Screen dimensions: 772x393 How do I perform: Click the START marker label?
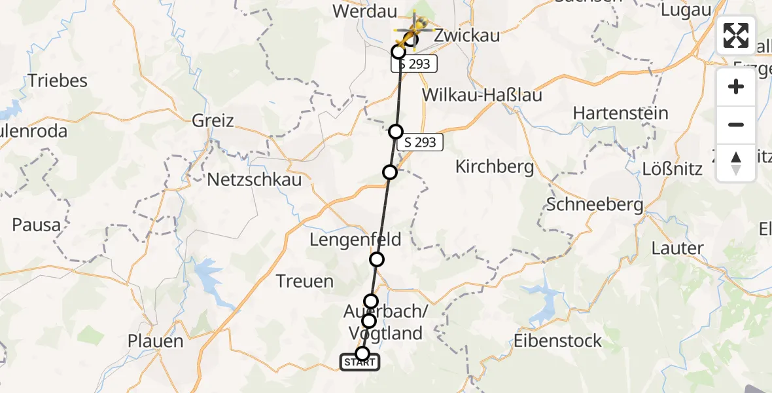point(359,362)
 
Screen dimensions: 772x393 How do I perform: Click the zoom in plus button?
point(736,87)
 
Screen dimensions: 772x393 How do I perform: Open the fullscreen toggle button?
point(736,35)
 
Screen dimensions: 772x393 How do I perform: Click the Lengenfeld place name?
point(355,240)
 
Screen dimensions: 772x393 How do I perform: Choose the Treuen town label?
point(304,282)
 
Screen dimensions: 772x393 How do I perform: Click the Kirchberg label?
point(495,167)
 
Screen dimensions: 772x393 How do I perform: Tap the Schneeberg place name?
point(595,204)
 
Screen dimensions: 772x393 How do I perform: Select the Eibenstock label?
point(558,341)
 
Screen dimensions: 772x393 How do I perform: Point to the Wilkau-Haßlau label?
point(482,95)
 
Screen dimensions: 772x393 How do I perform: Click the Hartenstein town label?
point(620,113)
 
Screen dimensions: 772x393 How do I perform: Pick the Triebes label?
point(58,81)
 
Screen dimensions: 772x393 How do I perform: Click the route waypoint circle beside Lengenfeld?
point(377,259)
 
